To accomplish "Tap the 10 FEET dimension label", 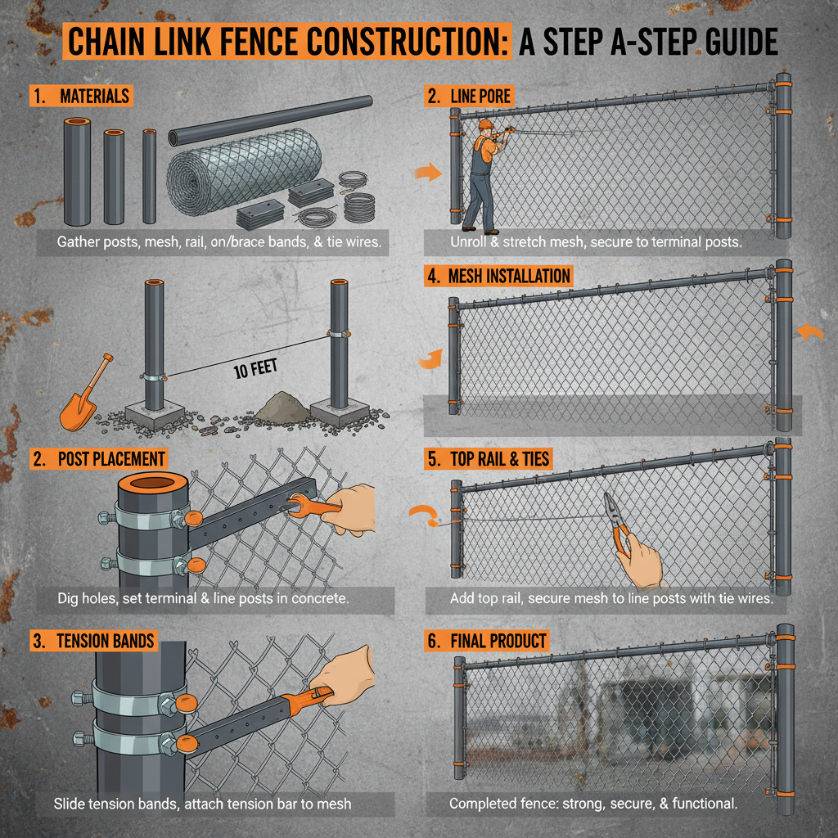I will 255,369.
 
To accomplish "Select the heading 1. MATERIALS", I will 81,96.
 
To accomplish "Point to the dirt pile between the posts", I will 282,407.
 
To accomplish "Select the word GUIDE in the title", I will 724,43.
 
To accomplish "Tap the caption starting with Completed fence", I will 593,804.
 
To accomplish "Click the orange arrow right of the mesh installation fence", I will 810,331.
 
